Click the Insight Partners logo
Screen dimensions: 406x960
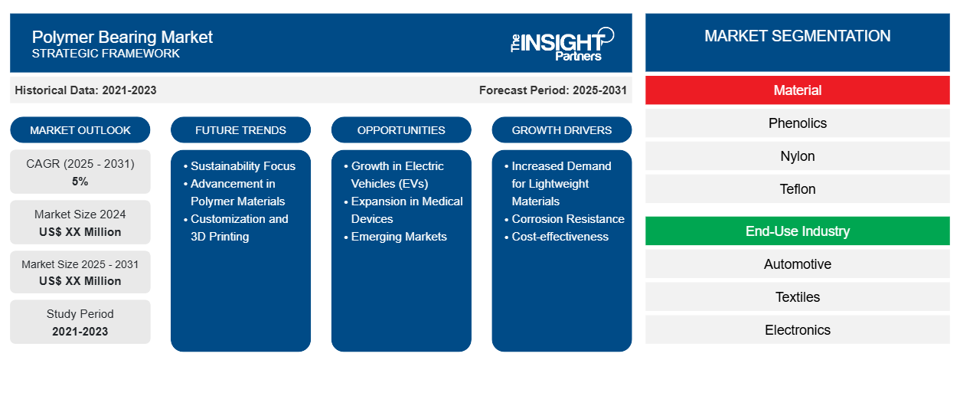click(x=562, y=43)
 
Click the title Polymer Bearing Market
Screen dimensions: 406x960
click(x=122, y=37)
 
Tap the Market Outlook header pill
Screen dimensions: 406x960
click(x=80, y=130)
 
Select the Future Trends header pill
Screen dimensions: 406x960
click(x=240, y=130)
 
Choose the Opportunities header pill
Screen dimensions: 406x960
click(x=401, y=130)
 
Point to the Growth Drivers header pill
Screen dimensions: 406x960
click(x=562, y=130)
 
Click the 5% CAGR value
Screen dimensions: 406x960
click(x=80, y=182)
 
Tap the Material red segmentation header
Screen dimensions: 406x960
click(x=797, y=90)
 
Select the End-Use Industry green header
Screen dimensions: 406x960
click(x=797, y=231)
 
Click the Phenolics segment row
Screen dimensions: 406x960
click(x=797, y=123)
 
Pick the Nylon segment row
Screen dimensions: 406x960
click(x=797, y=156)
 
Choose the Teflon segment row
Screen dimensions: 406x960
click(x=797, y=189)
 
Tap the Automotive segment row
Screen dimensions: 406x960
click(x=797, y=264)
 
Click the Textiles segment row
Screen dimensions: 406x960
click(x=797, y=297)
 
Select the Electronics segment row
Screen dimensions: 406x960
click(x=797, y=330)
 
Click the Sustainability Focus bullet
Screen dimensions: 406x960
click(x=243, y=166)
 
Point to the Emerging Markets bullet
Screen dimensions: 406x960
click(x=399, y=237)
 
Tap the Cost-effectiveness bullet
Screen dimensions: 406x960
click(x=560, y=237)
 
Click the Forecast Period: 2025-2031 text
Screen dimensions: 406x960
click(x=553, y=90)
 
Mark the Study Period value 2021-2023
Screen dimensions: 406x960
click(x=80, y=332)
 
